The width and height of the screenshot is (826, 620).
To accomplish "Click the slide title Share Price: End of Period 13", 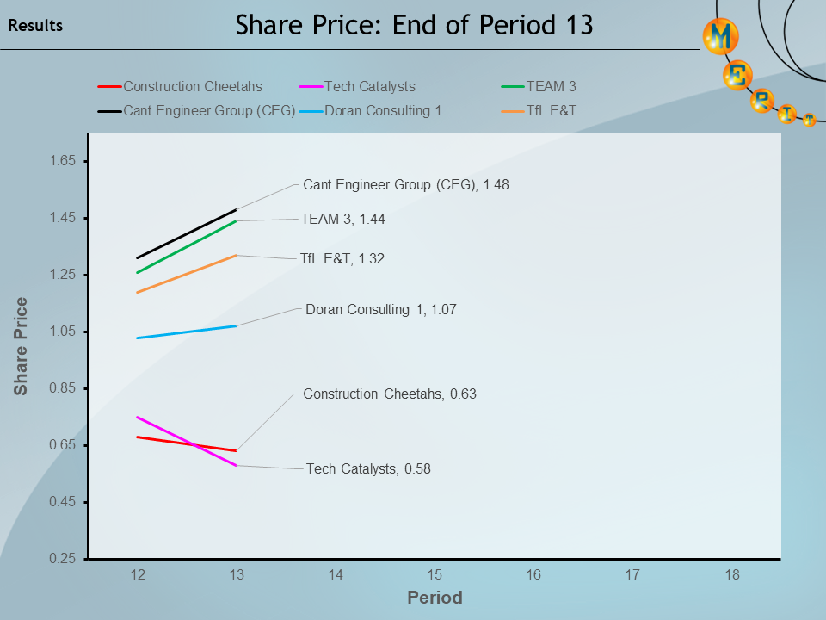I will pos(414,25).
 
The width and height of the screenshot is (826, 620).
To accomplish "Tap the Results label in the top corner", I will pos(35,26).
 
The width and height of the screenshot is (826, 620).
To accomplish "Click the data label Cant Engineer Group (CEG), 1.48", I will pos(406,184).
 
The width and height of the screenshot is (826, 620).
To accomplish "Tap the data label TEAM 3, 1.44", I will pos(342,220).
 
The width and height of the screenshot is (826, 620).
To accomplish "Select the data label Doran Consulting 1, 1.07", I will pos(380,309).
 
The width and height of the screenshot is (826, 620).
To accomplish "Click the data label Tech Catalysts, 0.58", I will pos(368,469).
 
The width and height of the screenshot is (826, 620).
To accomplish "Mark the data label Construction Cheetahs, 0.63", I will pos(389,394).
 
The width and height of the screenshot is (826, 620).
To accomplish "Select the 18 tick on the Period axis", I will pos(731,575).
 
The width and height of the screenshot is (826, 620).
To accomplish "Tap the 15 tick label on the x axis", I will pos(435,575).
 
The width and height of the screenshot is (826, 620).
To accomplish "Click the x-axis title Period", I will pos(435,598).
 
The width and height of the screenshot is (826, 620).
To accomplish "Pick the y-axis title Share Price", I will pos(21,346).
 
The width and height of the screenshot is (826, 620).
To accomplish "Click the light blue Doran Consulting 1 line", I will pos(187,332).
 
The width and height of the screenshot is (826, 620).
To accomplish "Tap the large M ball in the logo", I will pos(721,37).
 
